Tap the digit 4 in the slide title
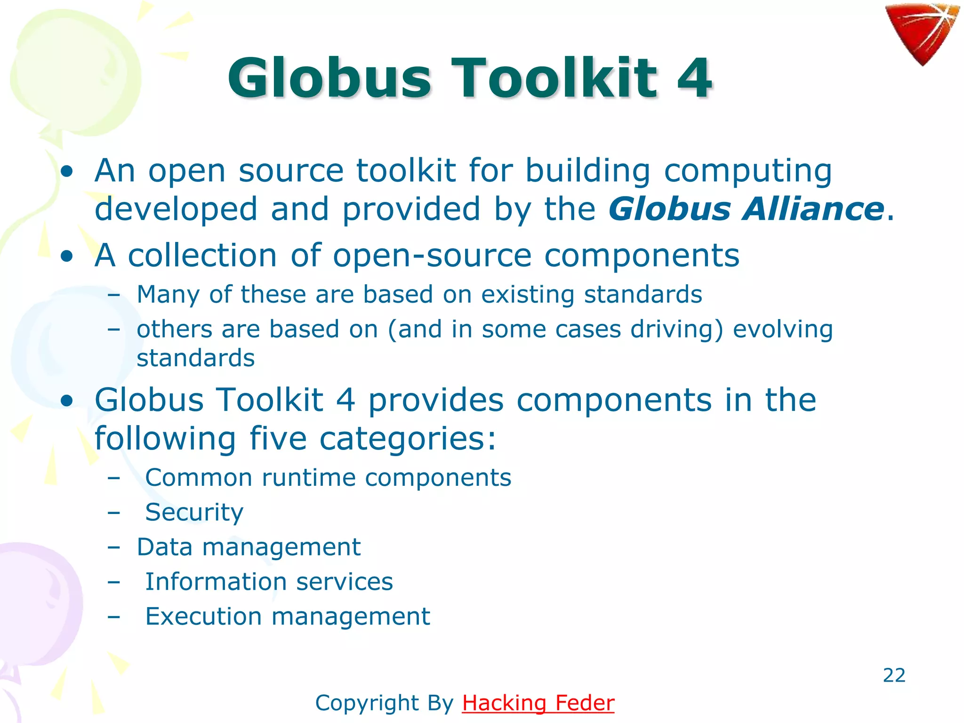point(694,78)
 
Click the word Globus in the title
point(329,78)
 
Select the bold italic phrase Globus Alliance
point(746,209)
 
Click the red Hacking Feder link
point(538,703)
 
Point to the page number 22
point(894,675)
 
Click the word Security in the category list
point(194,512)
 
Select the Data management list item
point(249,547)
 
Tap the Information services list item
point(269,581)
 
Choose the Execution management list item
point(288,616)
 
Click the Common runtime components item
point(328,478)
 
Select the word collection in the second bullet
point(202,256)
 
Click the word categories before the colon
point(402,439)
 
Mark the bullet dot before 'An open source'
point(67,171)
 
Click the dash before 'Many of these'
point(113,295)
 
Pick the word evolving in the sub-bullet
point(783,329)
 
